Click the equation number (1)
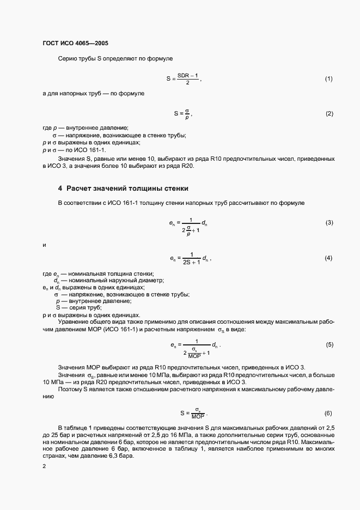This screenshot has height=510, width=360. [328, 79]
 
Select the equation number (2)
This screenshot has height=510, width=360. [328, 114]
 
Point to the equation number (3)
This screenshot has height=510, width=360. [328, 223]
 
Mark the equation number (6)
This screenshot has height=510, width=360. [328, 413]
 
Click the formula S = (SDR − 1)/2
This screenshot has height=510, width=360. [184, 79]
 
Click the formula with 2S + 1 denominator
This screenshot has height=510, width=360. [190, 258]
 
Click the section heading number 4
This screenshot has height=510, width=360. [60, 189]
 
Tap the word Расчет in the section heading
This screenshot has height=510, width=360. [79, 189]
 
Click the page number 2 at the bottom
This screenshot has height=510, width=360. [44, 466]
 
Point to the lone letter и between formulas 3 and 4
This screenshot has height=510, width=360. [44, 245]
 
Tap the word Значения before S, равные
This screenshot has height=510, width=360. [71, 159]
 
